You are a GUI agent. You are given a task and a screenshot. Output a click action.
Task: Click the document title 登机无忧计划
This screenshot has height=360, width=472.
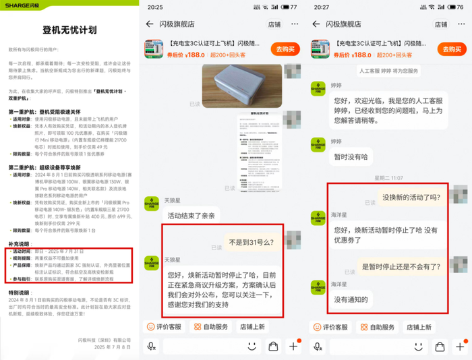click(69, 30)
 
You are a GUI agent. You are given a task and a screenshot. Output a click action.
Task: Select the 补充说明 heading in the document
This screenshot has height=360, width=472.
click(18, 243)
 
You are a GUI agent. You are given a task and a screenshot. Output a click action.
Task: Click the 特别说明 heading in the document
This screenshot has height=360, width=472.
click(18, 293)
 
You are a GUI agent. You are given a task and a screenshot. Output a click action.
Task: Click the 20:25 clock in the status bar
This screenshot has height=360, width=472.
click(155, 7)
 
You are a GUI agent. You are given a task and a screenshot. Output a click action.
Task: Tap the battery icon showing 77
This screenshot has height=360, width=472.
click(293, 7)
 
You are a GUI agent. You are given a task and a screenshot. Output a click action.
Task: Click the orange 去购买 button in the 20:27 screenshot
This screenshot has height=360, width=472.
click(452, 49)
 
